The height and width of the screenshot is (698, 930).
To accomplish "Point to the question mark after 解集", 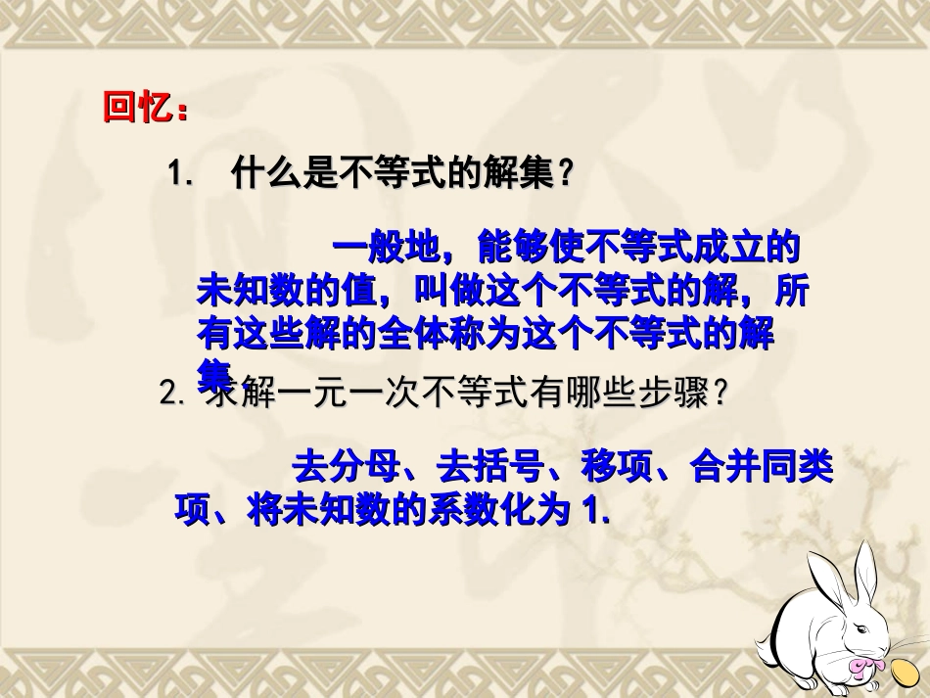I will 563,174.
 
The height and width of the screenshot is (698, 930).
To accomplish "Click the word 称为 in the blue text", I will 548,335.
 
